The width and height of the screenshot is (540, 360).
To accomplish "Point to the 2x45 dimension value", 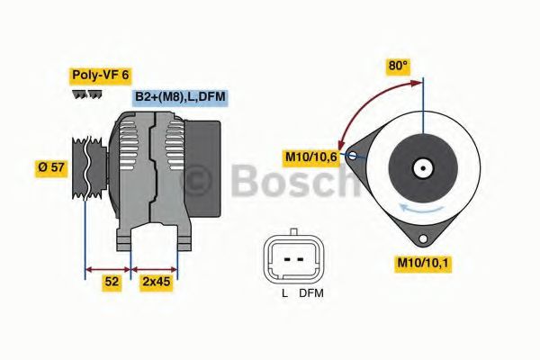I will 155,283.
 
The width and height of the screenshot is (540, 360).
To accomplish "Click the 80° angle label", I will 398,66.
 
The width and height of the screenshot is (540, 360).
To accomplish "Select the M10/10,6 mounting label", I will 311,158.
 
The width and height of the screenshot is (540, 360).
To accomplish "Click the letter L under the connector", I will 284,293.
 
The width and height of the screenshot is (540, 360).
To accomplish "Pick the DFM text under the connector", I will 310,293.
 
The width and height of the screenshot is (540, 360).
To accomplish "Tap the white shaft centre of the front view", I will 422,167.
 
